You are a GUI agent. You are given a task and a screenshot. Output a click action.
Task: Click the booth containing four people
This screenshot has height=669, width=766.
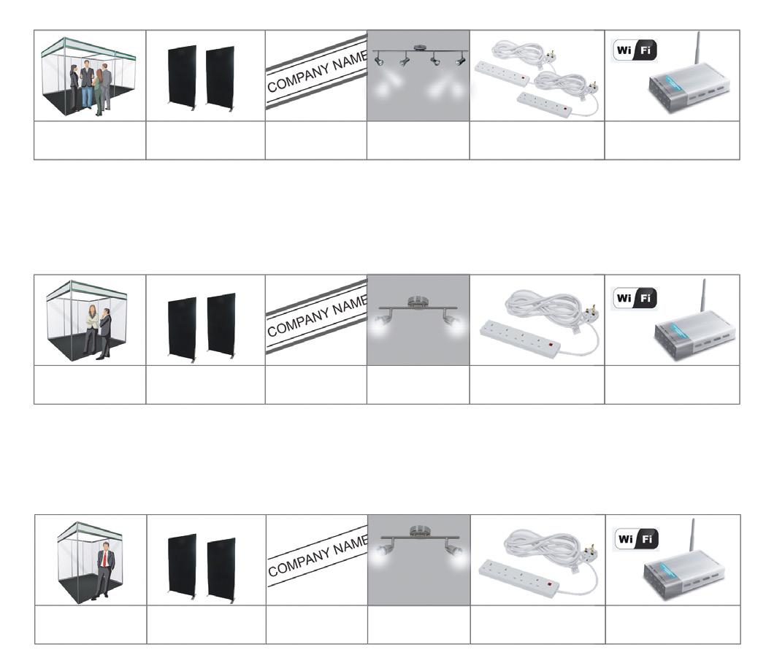(x=89, y=77)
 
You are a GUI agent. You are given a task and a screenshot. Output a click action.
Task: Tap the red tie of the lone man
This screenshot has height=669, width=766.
(x=106, y=560)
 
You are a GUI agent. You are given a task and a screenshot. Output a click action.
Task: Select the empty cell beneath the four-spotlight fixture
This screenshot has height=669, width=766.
(x=418, y=140)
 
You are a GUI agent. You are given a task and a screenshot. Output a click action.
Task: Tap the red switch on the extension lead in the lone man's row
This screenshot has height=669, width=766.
(x=550, y=583)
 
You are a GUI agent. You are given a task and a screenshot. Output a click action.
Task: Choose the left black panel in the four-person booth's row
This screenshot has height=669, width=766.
(x=182, y=79)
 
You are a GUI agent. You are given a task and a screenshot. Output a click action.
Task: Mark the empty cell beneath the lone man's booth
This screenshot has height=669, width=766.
(x=90, y=624)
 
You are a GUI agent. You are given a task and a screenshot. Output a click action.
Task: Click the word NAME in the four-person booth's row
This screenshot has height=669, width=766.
(x=342, y=58)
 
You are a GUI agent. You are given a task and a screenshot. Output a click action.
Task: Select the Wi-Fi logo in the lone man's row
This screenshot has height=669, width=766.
(x=635, y=540)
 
